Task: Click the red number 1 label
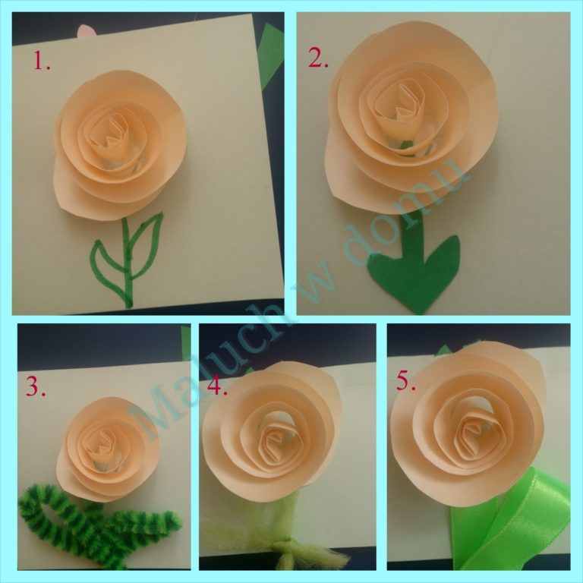point(42,61)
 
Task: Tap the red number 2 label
point(318,58)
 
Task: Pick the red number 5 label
point(405,380)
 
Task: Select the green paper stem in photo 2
point(413,235)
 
